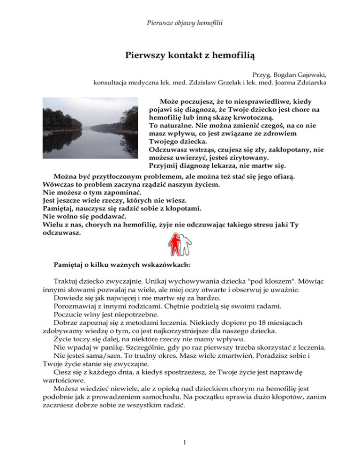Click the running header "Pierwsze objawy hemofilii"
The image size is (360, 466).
pos(180,23)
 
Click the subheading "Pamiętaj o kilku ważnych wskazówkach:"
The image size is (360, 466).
pos(123,264)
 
